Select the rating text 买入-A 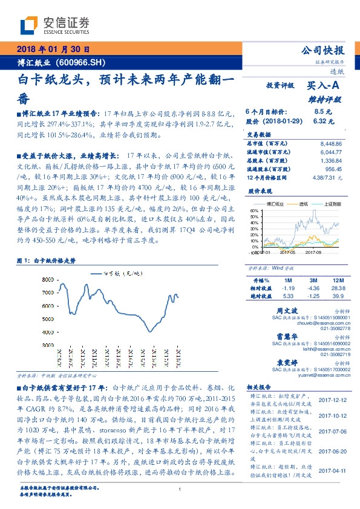coord(326,88)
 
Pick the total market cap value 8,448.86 coord(330,144)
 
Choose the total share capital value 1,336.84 coord(330,161)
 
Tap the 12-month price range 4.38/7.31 coord(327,178)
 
